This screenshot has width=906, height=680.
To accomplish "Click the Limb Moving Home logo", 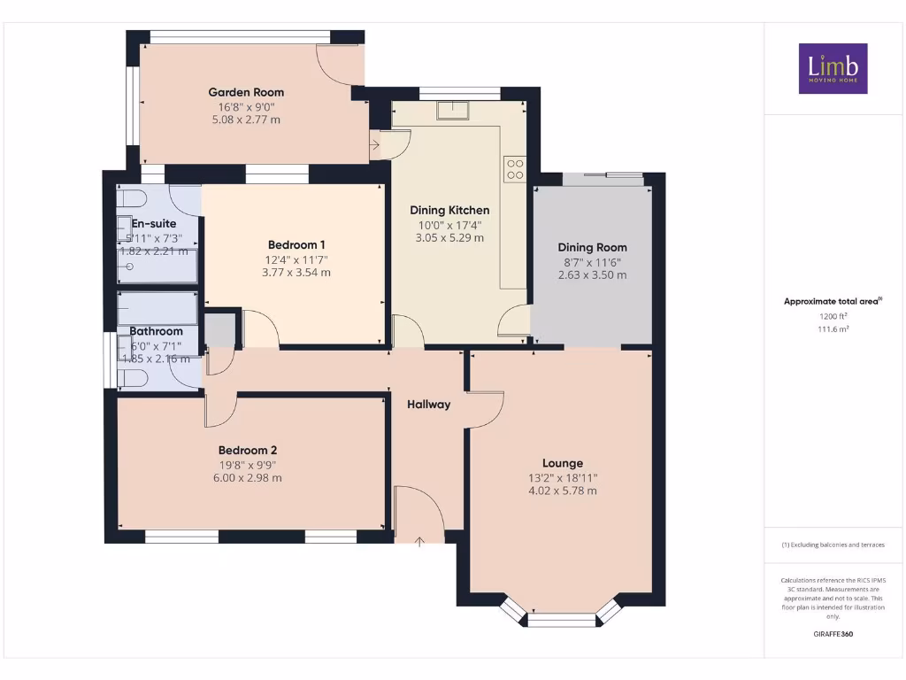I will [833, 68].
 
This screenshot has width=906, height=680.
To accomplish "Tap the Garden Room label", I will [246, 92].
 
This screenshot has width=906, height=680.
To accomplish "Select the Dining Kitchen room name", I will [449, 211].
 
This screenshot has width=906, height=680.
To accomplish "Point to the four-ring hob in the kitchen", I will [514, 169].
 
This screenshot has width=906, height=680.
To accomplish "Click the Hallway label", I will [428, 405].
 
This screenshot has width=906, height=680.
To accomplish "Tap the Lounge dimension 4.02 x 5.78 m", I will [563, 491].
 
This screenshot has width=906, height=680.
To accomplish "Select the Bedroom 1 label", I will [296, 245].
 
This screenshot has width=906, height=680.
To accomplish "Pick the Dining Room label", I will [592, 248].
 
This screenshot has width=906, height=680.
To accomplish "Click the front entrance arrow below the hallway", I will [418, 540].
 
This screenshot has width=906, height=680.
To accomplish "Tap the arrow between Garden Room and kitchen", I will [375, 143].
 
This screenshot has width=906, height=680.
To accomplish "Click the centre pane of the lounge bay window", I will [562, 620].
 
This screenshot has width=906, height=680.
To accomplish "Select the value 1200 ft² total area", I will [833, 315].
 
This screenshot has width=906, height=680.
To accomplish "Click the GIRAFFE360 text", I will [833, 634].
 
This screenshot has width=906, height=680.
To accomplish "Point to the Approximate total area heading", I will [832, 302].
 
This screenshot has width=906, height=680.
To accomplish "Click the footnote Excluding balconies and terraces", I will [833, 545].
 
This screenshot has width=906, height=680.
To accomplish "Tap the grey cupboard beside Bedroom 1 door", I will [221, 329].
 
